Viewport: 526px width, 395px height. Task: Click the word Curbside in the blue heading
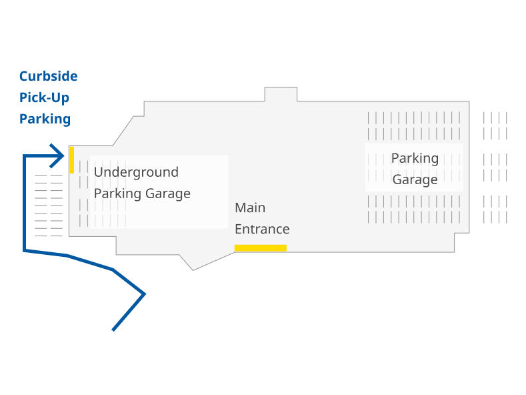[x=48, y=76]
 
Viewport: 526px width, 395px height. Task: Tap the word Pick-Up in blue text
[x=44, y=97]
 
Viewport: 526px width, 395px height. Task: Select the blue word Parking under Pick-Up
[x=45, y=119]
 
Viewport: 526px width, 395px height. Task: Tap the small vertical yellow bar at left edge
[x=72, y=159]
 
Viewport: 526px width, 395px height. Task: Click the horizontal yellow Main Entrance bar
[x=260, y=248]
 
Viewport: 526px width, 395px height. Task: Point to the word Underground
[x=136, y=172]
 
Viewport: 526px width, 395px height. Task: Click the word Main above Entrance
[x=250, y=208]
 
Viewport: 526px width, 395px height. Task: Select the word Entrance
[x=262, y=229]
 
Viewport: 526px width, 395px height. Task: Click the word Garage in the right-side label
[x=415, y=179]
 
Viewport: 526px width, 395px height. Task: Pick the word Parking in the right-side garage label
[x=415, y=158]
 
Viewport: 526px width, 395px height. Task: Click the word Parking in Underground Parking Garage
[x=117, y=193]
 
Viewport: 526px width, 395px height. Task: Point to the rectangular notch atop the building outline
[x=281, y=94]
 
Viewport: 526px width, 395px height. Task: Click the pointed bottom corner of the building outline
[x=193, y=270]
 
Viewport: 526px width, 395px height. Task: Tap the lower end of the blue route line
[x=113, y=330]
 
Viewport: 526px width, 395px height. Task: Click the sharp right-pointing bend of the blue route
[x=144, y=294]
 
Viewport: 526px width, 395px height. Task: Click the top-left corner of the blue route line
[x=25, y=156]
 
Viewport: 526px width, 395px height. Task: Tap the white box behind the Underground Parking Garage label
[x=200, y=214]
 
